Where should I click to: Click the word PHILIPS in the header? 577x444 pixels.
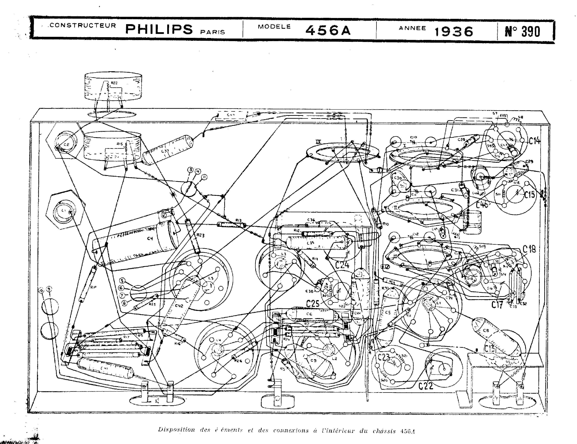click(159, 29)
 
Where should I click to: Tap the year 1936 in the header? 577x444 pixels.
click(454, 32)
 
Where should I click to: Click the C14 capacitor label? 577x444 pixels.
click(534, 141)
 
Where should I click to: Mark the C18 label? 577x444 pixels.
click(529, 249)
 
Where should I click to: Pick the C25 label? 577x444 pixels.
click(313, 304)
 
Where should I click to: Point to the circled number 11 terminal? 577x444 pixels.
click(204, 177)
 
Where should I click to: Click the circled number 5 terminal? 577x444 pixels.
click(122, 281)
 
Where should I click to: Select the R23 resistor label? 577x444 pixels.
click(200, 235)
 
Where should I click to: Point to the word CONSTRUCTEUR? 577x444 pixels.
click(83, 26)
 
